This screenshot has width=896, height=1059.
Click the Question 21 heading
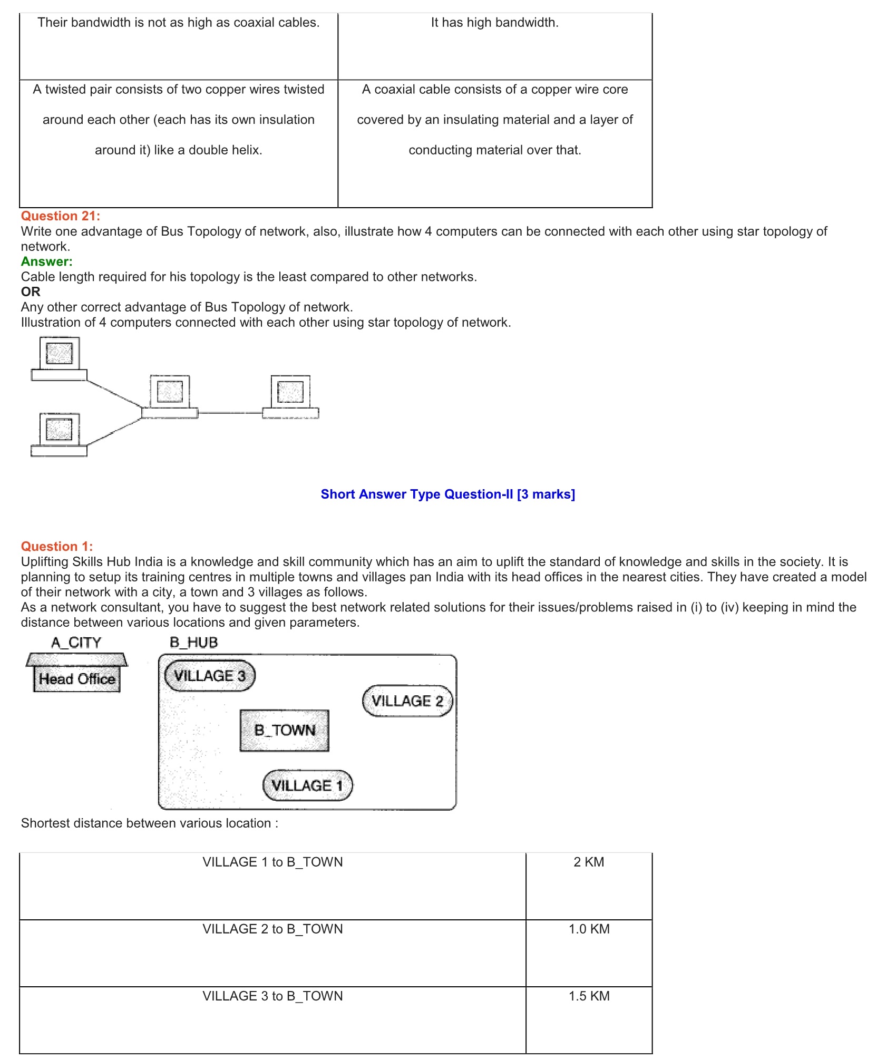[x=60, y=216]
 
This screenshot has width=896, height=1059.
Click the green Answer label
[x=46, y=261]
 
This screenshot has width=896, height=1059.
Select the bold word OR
[x=31, y=292]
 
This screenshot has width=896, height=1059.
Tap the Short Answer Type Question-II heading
[x=447, y=494]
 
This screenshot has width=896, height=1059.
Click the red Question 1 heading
[x=56, y=547]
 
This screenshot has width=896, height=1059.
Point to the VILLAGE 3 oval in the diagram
[x=210, y=676]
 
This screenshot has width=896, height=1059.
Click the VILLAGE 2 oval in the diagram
[x=407, y=701]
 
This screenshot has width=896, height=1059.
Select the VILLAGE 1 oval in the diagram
[x=307, y=785]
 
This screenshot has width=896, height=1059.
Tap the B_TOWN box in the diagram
[x=285, y=731]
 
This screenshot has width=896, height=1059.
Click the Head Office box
[x=77, y=679]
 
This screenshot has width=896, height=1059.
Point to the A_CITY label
[x=76, y=643]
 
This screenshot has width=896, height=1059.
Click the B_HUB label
[x=193, y=643]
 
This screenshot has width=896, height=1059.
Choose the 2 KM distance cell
[x=589, y=862]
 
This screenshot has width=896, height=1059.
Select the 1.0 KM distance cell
[x=589, y=929]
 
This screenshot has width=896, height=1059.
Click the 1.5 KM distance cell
[x=589, y=996]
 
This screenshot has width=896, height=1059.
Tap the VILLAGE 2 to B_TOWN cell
[x=272, y=929]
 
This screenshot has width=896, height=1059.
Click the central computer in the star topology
[x=170, y=397]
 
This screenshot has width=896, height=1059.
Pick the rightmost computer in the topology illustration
[x=290, y=397]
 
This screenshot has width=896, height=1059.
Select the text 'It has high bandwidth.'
[x=494, y=23]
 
